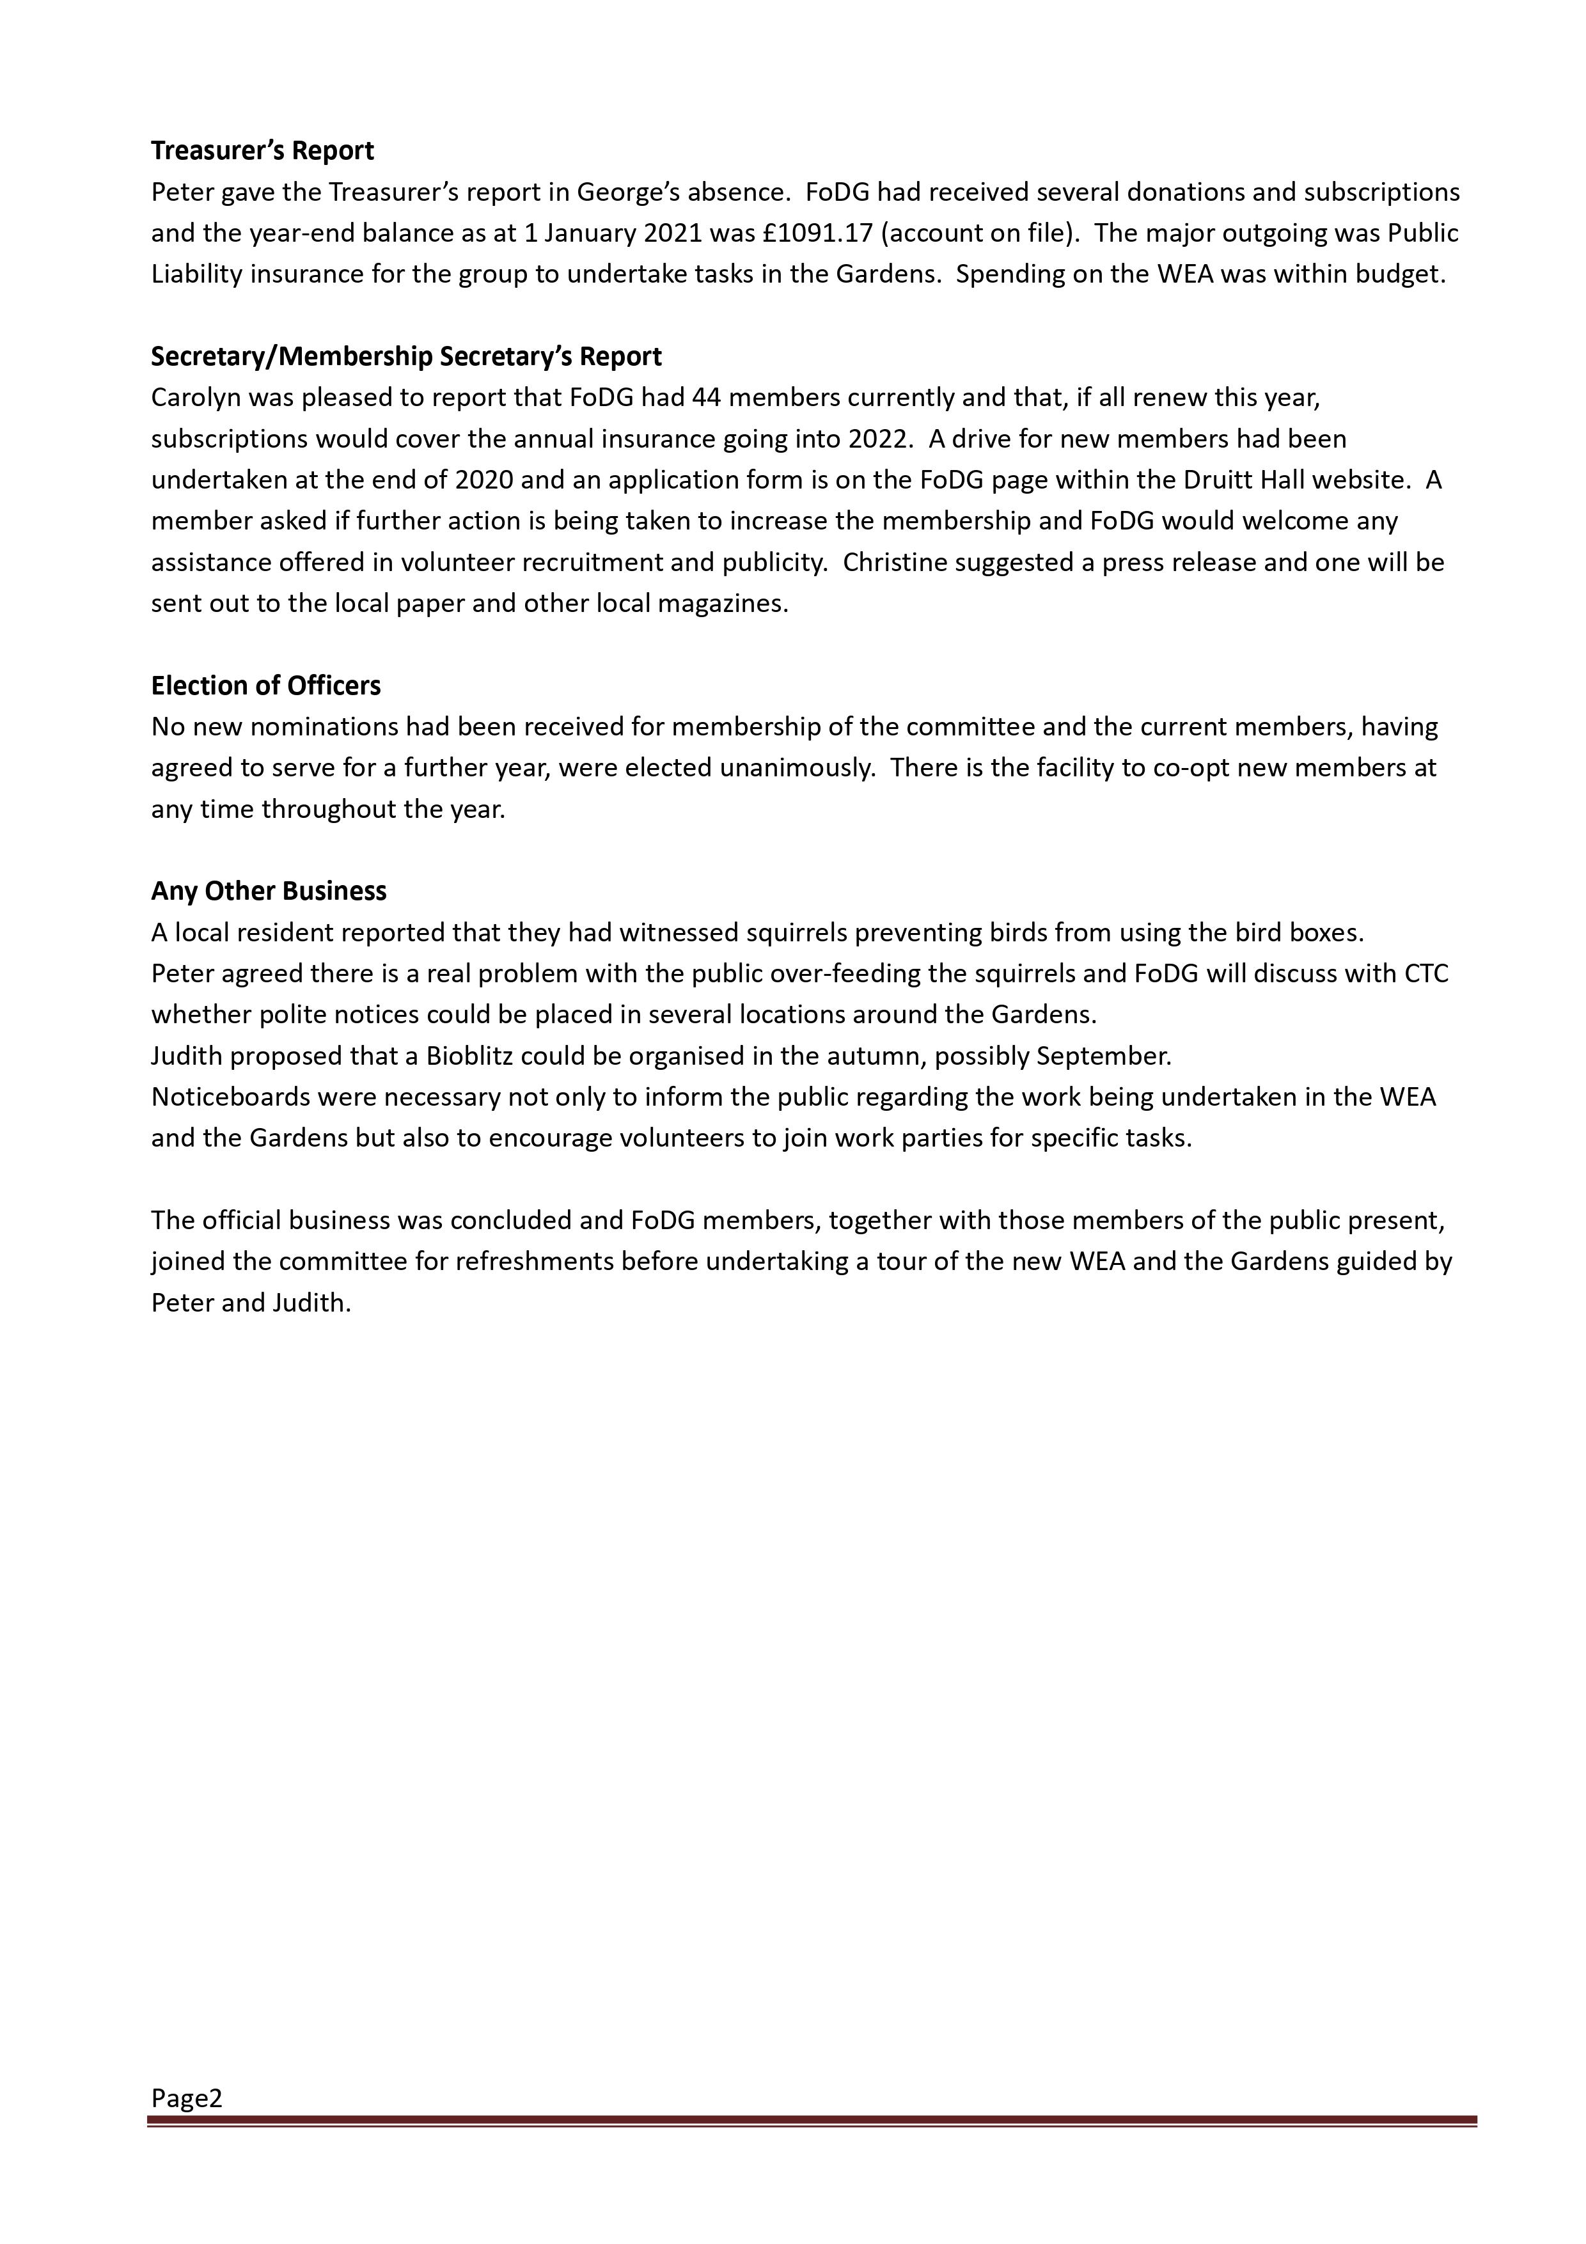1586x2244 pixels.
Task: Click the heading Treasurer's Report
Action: pyautogui.click(x=262, y=150)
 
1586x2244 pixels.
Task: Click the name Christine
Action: pyautogui.click(x=893, y=562)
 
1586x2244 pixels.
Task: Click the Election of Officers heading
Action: pyautogui.click(x=266, y=686)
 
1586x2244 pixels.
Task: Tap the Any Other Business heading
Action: pyautogui.click(x=269, y=891)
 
